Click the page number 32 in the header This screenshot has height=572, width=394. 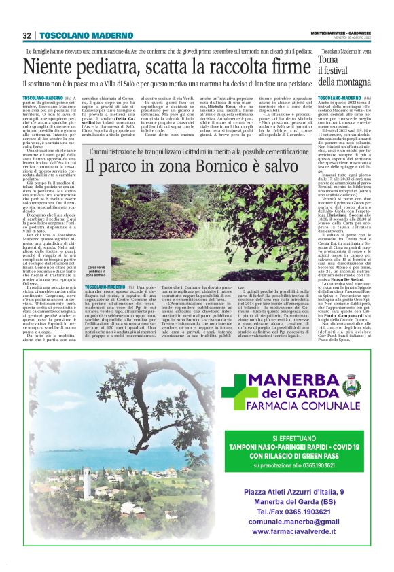(x=27, y=35)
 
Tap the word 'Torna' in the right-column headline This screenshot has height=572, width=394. (x=329, y=60)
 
